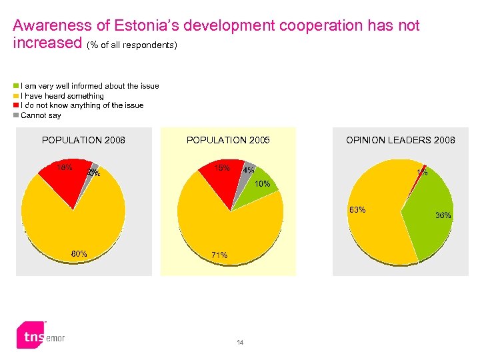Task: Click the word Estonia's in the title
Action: coord(142,26)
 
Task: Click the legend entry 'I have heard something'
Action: coord(62,96)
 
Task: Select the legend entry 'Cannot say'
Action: coord(41,115)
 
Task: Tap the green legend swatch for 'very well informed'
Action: coord(17,86)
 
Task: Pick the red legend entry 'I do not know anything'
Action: coord(82,105)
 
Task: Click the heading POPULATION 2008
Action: coord(83,140)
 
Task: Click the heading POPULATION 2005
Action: coord(228,140)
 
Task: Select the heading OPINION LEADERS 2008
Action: coord(400,140)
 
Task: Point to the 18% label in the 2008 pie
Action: coord(64,167)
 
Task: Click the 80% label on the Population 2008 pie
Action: coord(79,253)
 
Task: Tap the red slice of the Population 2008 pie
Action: coord(67,177)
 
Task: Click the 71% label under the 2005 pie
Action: coord(219,255)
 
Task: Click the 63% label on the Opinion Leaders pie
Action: coord(357,210)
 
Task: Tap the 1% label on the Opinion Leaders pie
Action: coord(422,173)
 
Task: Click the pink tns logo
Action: coord(30,337)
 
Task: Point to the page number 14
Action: coord(240,343)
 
